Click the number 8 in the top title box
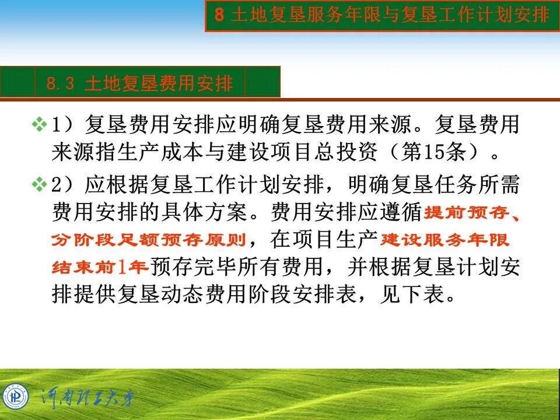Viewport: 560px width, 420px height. pyautogui.click(x=219, y=15)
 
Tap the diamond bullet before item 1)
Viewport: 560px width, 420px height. pyautogui.click(x=38, y=124)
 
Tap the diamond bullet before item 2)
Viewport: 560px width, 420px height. pyautogui.click(x=38, y=185)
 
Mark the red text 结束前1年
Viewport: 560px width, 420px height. pyautogui.click(x=100, y=267)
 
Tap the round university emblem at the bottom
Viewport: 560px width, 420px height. pyautogui.click(x=15, y=397)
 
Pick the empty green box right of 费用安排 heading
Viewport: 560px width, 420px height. pyautogui.click(x=262, y=82)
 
